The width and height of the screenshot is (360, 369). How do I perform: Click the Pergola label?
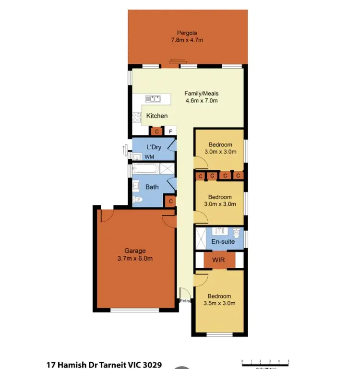[x=187, y=33]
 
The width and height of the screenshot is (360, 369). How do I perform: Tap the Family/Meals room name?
[x=202, y=94]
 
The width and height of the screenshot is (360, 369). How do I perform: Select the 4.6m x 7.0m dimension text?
[x=202, y=101]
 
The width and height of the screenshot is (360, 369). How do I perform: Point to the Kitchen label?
[x=157, y=116]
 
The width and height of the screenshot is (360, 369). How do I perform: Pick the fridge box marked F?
[x=169, y=131]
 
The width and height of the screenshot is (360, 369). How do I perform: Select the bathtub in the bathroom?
[x=146, y=169]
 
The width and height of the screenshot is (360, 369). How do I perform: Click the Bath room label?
[x=152, y=187]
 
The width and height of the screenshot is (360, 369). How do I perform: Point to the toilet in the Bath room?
[x=138, y=200]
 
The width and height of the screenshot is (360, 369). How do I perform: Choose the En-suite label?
[x=223, y=241]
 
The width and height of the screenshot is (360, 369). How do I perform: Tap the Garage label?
[x=135, y=250]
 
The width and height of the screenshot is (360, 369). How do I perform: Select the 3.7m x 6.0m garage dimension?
[x=135, y=259]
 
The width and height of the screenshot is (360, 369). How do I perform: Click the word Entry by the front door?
[x=185, y=301]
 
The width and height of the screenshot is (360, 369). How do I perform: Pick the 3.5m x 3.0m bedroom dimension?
[x=219, y=304]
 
